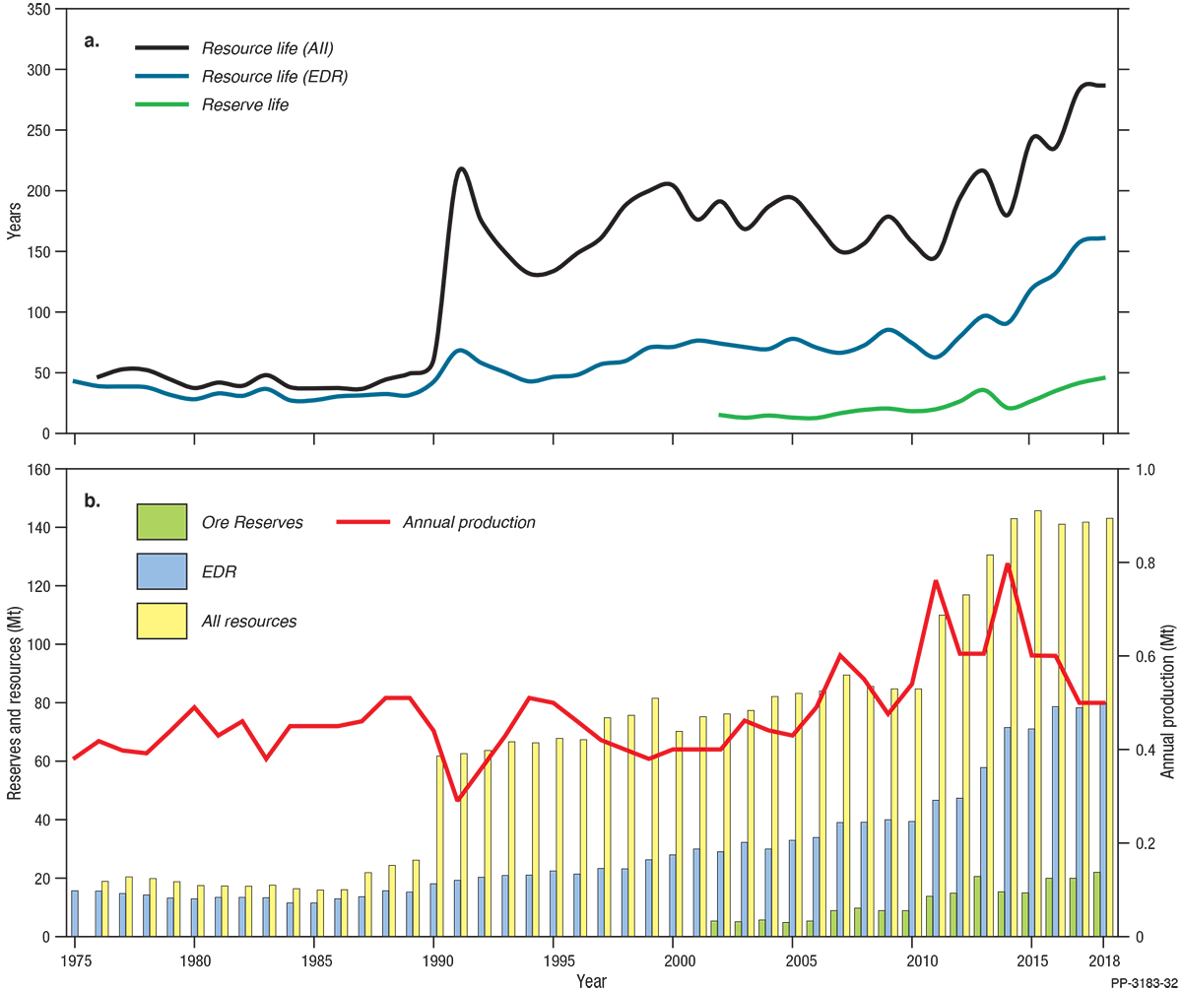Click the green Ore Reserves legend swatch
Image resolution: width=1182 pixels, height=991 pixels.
tap(163, 522)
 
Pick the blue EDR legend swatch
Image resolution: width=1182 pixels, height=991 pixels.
tap(163, 571)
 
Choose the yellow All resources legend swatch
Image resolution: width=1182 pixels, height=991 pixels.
tap(163, 621)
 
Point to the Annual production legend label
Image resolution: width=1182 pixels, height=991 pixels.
tap(469, 522)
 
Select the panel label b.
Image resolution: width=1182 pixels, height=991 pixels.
tap(92, 501)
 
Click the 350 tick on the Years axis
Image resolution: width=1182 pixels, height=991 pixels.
tap(40, 10)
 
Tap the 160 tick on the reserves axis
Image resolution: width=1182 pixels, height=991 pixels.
tap(40, 470)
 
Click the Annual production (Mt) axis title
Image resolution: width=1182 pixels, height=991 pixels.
tap(1169, 702)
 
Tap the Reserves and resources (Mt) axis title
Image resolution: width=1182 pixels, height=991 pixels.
tap(14, 702)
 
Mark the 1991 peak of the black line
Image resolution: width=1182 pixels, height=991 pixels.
tap(461, 168)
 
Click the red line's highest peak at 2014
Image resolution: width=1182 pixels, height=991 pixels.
tap(1007, 564)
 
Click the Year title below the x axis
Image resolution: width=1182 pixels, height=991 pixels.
tap(591, 980)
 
